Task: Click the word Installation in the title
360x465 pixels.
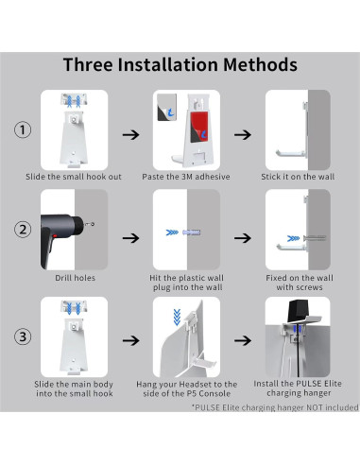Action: tap(168, 64)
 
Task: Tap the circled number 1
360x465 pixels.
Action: tap(23, 129)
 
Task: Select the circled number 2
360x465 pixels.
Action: tap(23, 230)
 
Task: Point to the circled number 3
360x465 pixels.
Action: tap(23, 336)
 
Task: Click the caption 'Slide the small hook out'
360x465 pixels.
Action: tap(74, 177)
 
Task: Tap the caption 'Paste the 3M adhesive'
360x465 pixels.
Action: tap(186, 177)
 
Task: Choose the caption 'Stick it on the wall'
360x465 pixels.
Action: tap(298, 177)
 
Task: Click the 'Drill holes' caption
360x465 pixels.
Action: tap(75, 278)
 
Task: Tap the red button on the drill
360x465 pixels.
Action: tap(55, 235)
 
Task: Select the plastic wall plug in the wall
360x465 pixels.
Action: tap(192, 232)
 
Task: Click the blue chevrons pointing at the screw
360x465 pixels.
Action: tap(293, 238)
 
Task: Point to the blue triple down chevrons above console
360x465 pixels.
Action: tap(177, 317)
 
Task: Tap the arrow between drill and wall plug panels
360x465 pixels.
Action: tap(130, 238)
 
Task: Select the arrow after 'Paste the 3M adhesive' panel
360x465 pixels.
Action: tap(243, 135)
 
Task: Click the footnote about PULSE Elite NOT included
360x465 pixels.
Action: tap(275, 407)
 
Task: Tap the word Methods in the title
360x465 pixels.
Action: tap(260, 64)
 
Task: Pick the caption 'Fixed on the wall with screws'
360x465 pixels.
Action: tap(300, 283)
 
